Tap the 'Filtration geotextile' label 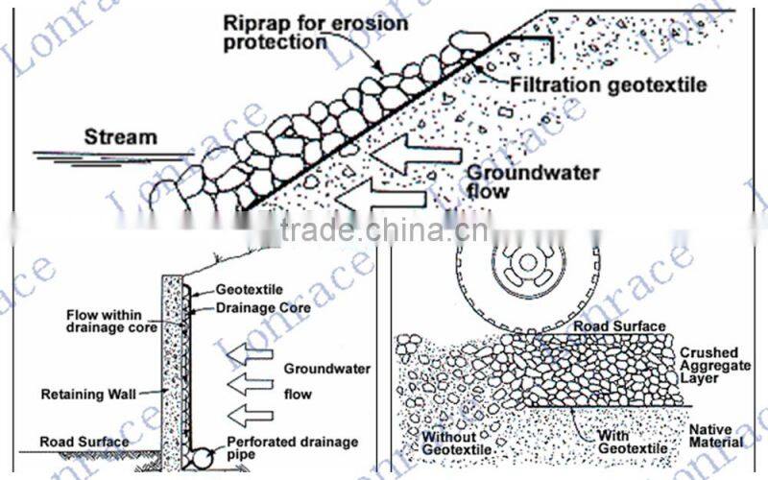tap(608, 84)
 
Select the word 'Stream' tap(120, 137)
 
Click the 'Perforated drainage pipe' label tap(279, 447)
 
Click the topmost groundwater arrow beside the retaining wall tap(251, 355)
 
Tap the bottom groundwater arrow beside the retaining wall tap(251, 415)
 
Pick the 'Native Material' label tap(715, 437)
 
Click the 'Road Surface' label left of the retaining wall tap(84, 442)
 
